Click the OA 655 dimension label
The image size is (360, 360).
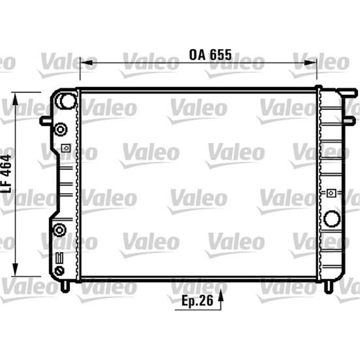[x=210, y=55]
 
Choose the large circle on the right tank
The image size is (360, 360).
[x=332, y=218]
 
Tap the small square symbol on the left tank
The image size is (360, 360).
[x=66, y=148]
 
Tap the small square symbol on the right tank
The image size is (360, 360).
[x=331, y=193]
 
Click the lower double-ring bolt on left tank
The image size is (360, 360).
[x=59, y=230]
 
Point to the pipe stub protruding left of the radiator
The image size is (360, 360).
[x=45, y=120]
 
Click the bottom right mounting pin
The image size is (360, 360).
[x=328, y=286]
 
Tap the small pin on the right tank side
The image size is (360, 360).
[x=350, y=120]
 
